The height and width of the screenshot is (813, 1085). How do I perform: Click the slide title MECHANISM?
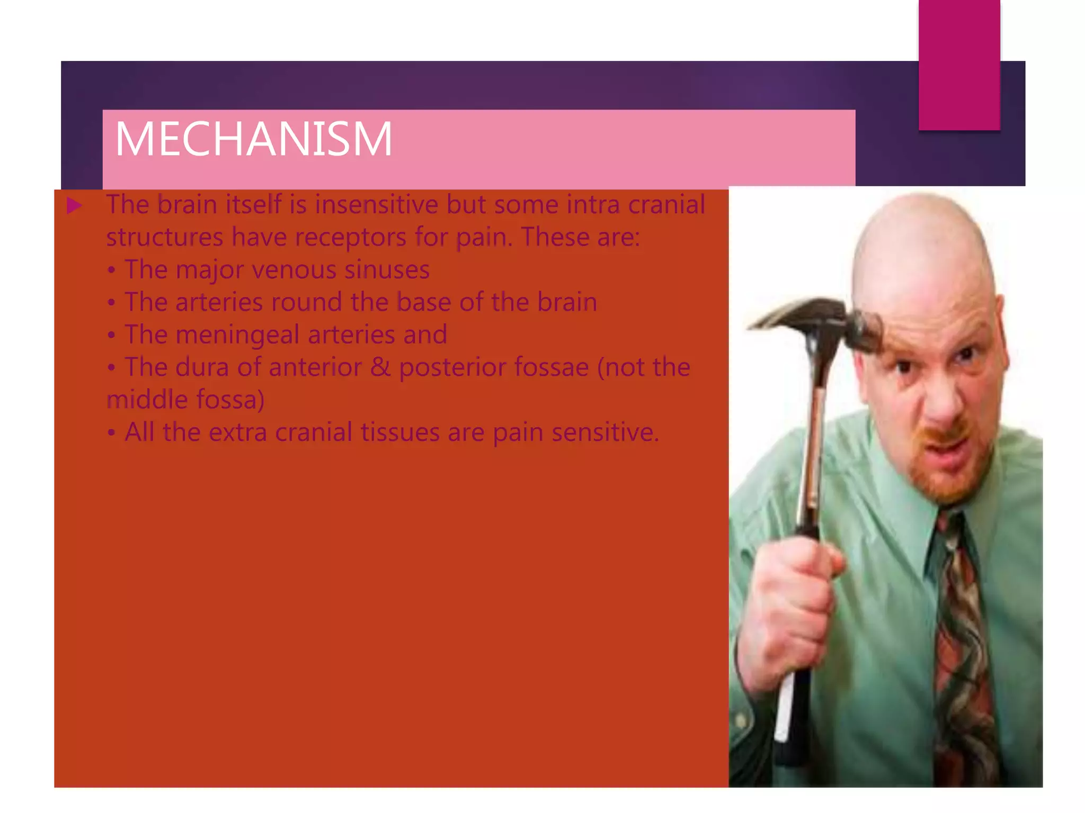click(253, 139)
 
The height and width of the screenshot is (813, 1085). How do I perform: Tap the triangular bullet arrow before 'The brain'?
click(75, 206)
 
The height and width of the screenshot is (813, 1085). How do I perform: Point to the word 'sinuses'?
click(387, 269)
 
